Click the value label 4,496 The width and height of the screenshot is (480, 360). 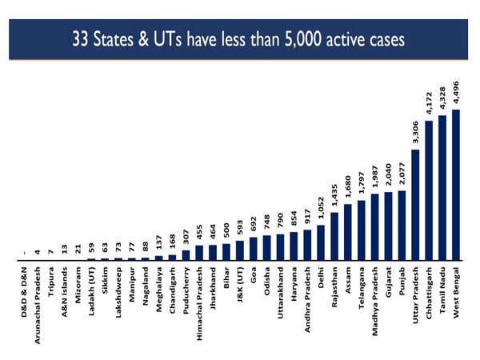pyautogui.click(x=456, y=94)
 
